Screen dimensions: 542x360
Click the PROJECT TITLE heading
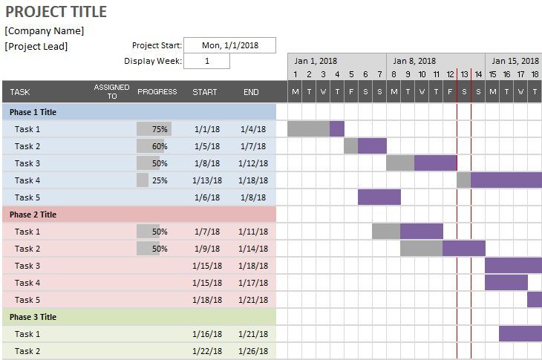(56, 12)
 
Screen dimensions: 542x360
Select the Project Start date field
(230, 45)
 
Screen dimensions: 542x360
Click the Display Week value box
(206, 61)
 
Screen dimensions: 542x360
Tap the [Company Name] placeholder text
(45, 31)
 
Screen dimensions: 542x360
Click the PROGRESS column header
(157, 92)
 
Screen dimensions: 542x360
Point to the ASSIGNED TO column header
(111, 91)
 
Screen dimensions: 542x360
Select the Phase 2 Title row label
(33, 215)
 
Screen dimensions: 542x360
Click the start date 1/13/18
(207, 180)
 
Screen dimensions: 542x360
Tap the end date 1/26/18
(253, 351)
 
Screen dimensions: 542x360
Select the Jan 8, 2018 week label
(414, 61)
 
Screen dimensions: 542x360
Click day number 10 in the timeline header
(422, 74)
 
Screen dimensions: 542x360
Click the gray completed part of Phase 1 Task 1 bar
(309, 129)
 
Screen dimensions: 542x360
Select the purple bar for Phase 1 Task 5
(379, 197)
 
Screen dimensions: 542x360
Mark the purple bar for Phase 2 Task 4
(506, 282)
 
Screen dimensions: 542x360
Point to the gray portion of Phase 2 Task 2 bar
(422, 249)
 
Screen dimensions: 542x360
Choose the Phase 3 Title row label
(33, 317)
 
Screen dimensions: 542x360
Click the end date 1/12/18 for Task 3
(253, 163)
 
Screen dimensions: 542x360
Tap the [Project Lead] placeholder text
(36, 47)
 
